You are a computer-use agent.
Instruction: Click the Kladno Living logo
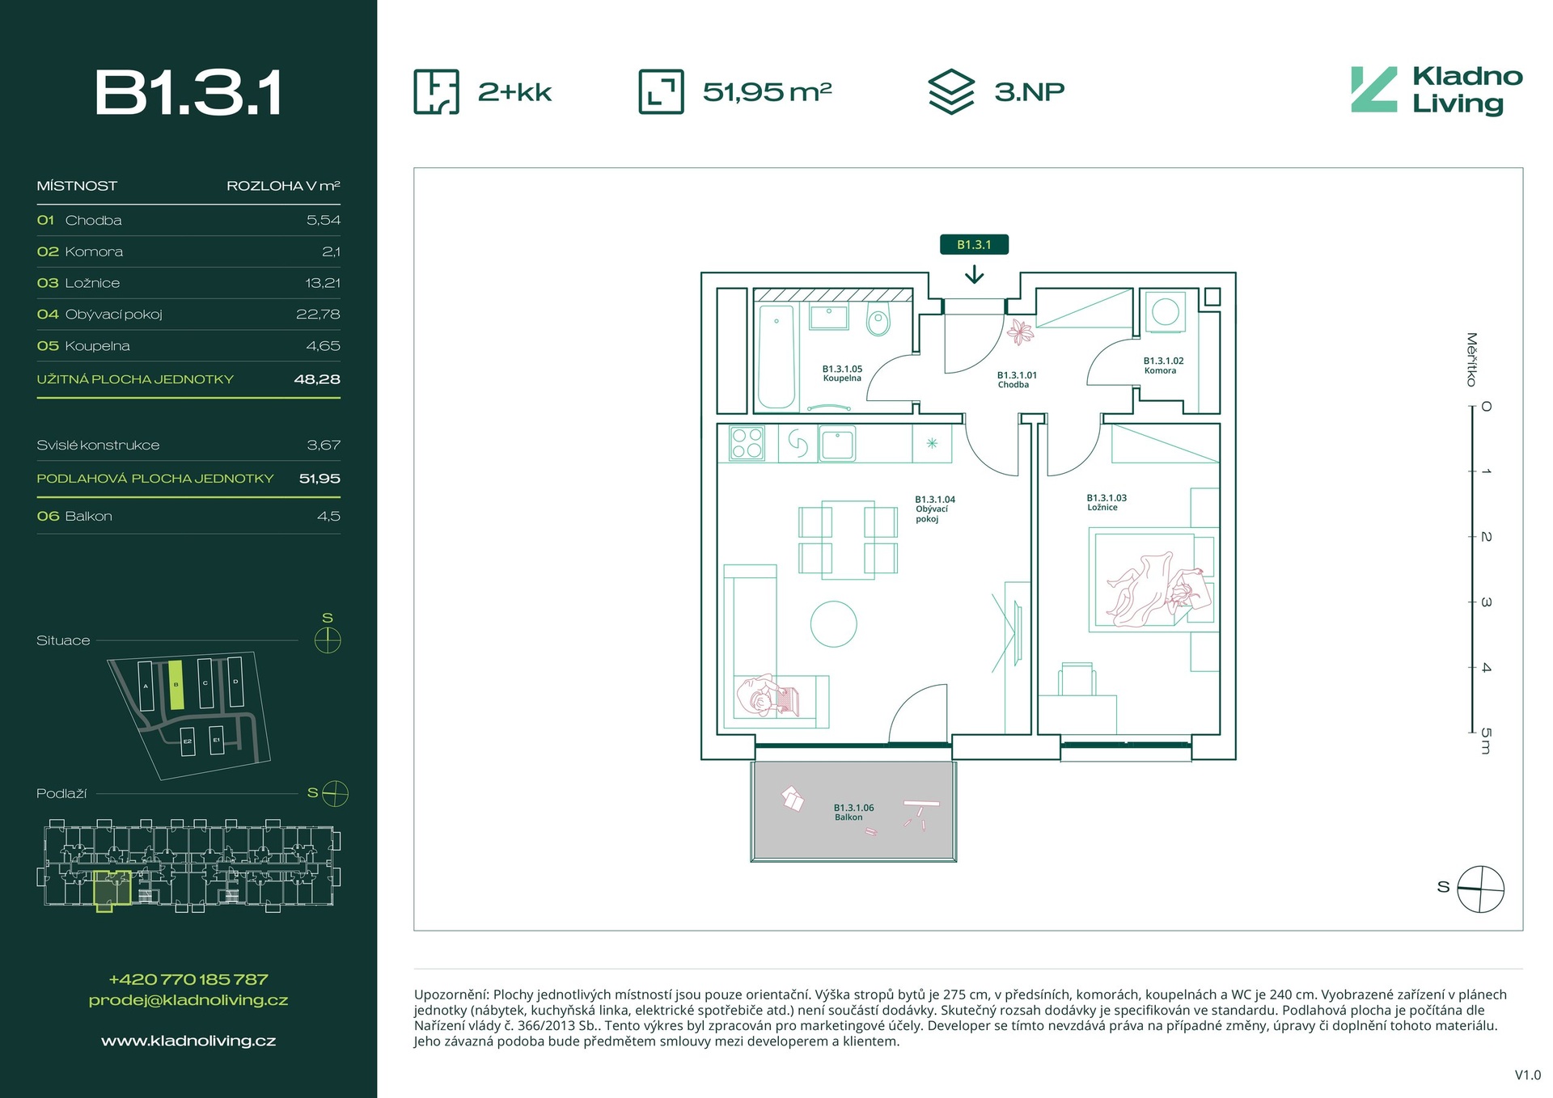click(x=1437, y=90)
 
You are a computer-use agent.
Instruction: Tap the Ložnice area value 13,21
click(x=323, y=283)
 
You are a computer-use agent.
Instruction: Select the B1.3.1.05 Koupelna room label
click(x=842, y=374)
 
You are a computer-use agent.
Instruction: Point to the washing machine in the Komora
click(x=1165, y=311)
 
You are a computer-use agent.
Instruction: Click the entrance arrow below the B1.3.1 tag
click(x=974, y=275)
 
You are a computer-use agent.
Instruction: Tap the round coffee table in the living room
click(x=833, y=623)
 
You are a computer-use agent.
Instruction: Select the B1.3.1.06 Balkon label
click(x=853, y=812)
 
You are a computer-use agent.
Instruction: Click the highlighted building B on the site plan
click(x=176, y=685)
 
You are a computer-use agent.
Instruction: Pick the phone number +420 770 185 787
click(x=188, y=979)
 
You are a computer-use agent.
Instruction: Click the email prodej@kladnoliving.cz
click(x=188, y=1000)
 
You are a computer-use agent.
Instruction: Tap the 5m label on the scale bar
click(x=1486, y=741)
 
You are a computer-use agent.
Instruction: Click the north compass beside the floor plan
click(x=1480, y=889)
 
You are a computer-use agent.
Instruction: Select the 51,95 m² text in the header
click(x=767, y=91)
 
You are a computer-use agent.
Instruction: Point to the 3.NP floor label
click(x=1029, y=91)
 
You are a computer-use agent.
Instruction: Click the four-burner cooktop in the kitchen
click(x=747, y=442)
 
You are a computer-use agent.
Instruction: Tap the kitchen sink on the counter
click(x=836, y=443)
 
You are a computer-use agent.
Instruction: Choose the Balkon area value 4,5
click(x=328, y=516)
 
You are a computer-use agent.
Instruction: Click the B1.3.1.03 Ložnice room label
click(x=1106, y=502)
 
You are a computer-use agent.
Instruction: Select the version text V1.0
click(x=1527, y=1075)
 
